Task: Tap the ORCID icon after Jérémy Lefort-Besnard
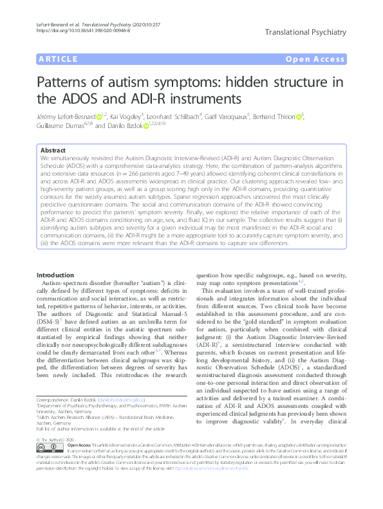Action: pos(99,116)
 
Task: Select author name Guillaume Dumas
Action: pos(61,126)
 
